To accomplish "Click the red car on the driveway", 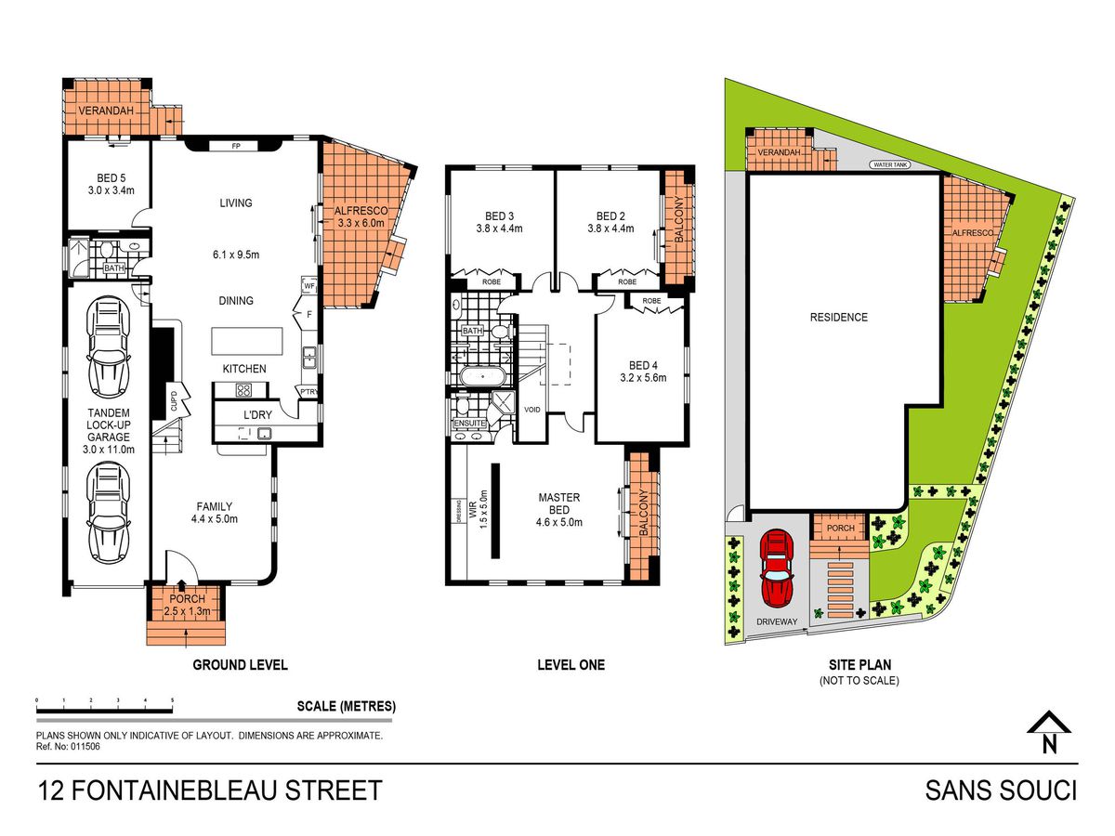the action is coord(776,568).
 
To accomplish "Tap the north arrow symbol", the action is coord(1048,739).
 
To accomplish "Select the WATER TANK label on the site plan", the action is coord(890,165).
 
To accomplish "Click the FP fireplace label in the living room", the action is coord(236,146).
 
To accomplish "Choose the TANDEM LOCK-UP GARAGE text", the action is coord(108,425).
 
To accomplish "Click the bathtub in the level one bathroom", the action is coord(481,376).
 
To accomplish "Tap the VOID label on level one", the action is coord(531,410).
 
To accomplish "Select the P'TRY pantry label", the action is coord(308,392).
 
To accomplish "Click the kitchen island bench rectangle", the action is coord(247,341).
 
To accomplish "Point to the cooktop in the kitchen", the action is coord(243,390).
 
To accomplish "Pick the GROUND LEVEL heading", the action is coord(241,665).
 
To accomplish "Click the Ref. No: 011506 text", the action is coord(68,747).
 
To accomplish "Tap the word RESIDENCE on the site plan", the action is coord(839,318).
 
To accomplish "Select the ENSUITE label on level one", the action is coord(469,423).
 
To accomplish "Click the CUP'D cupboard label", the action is coord(174,401).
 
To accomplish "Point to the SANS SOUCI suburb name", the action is coord(1001,790).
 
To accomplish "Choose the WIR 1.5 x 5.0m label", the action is coord(478,509).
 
